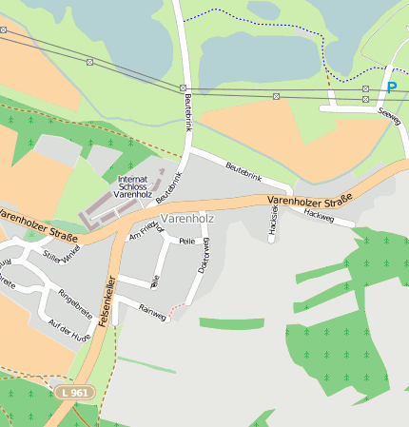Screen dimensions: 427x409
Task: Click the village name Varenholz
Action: tap(187, 219)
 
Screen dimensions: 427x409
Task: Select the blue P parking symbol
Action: tap(391, 87)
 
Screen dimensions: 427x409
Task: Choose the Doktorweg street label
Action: tap(203, 257)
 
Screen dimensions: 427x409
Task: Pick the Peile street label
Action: tap(186, 242)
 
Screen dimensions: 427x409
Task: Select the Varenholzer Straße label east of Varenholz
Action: tap(309, 200)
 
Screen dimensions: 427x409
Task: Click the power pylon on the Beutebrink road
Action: tap(183, 88)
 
